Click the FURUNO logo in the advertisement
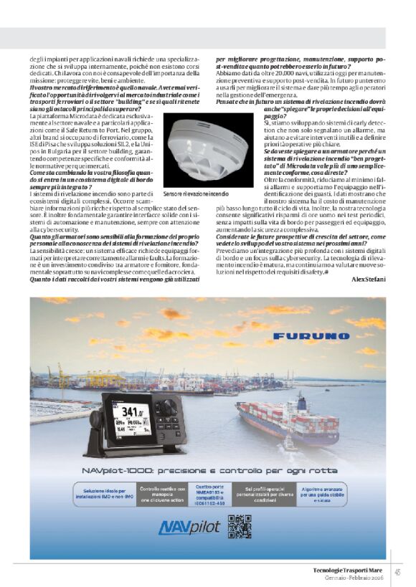click(309, 335)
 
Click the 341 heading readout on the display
click(131, 412)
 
